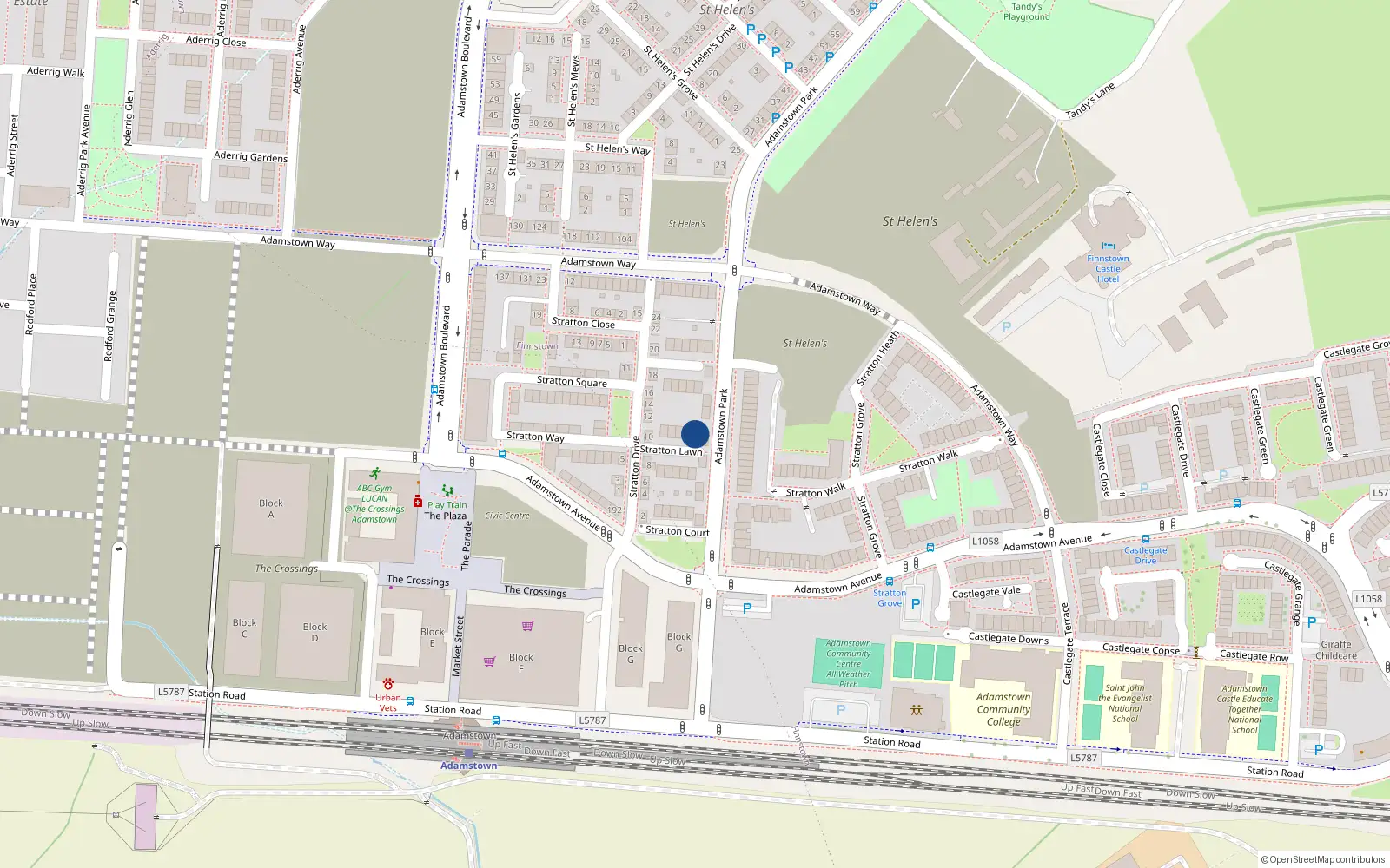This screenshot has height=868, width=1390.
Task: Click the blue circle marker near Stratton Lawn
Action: pyautogui.click(x=695, y=434)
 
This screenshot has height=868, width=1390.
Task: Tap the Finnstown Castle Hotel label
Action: pyautogui.click(x=1108, y=269)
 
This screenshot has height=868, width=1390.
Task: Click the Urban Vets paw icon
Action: pyautogui.click(x=388, y=684)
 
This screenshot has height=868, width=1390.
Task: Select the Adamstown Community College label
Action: pyautogui.click(x=1003, y=709)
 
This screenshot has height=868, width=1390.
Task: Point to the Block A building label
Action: pyautogui.click(x=271, y=509)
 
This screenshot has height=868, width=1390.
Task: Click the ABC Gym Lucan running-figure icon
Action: pyautogui.click(x=374, y=474)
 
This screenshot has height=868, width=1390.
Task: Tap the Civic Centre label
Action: pyautogui.click(x=507, y=516)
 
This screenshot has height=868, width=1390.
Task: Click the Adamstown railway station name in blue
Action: pyautogui.click(x=469, y=766)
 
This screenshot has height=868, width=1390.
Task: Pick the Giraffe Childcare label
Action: pyautogui.click(x=1336, y=650)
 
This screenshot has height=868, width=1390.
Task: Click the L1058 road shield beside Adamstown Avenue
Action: pyautogui.click(x=985, y=541)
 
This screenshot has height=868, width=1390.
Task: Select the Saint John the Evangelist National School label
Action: pyautogui.click(x=1125, y=703)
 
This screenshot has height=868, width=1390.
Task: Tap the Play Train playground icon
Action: pyautogui.click(x=447, y=491)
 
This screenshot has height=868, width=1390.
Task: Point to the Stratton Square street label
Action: pyautogui.click(x=572, y=381)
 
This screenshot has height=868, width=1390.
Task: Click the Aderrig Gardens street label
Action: pyautogui.click(x=250, y=156)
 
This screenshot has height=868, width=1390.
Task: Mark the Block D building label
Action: pyautogui.click(x=314, y=632)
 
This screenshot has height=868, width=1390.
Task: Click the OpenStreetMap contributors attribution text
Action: pyautogui.click(x=1322, y=859)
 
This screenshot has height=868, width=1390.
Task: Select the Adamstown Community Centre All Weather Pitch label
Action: pyautogui.click(x=849, y=664)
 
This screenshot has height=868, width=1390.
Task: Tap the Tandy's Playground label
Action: pyautogui.click(x=1027, y=11)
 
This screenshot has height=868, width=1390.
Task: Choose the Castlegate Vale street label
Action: pyautogui.click(x=986, y=593)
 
